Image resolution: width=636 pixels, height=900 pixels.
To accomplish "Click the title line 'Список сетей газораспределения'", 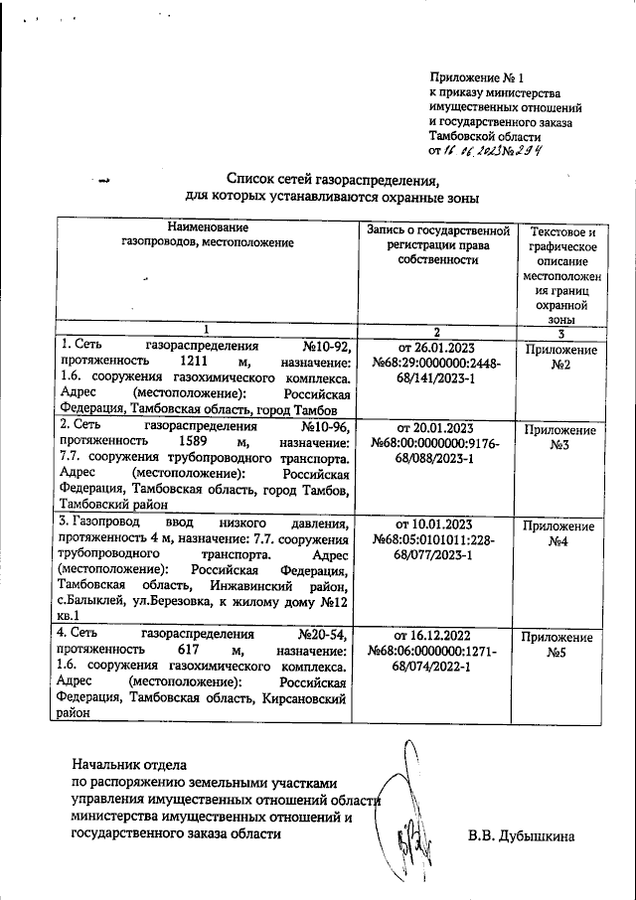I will [x=332, y=180].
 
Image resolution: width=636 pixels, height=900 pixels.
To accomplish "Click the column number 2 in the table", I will [x=437, y=330].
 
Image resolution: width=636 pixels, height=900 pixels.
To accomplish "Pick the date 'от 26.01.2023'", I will [x=437, y=347].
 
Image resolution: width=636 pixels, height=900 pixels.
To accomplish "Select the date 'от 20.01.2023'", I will [x=437, y=428].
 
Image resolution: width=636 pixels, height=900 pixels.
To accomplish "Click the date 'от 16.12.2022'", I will [x=437, y=634].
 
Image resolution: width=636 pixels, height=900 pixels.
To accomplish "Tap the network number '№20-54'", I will [x=320, y=633].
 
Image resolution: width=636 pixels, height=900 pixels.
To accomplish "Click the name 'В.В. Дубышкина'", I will [x=522, y=836].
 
